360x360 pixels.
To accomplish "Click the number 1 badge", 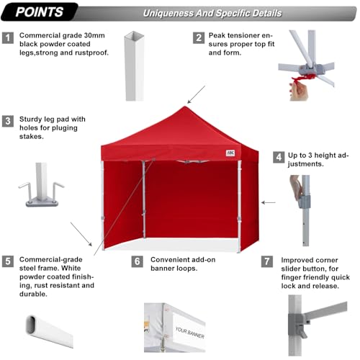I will coord(8,37).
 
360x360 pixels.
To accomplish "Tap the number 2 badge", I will coord(197,37).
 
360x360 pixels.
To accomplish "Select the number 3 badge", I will coord(8,120).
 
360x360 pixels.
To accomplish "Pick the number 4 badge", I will coord(278,156).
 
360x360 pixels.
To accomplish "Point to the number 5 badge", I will coord(8,261).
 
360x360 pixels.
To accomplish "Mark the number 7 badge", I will coord(267,261).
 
